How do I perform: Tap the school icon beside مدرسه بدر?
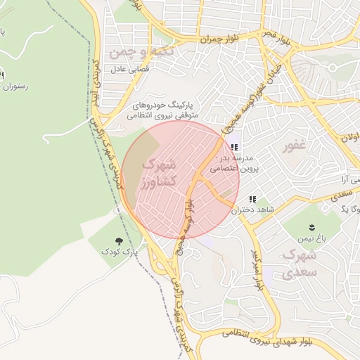click(x=233, y=148)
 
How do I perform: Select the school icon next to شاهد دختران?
click(x=252, y=200)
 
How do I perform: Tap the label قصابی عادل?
click(x=127, y=70)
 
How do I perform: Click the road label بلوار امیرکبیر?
click(x=257, y=269)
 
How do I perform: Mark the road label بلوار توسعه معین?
click(x=184, y=229)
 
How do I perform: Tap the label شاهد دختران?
click(x=274, y=210)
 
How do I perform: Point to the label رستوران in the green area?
click(x=14, y=86)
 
